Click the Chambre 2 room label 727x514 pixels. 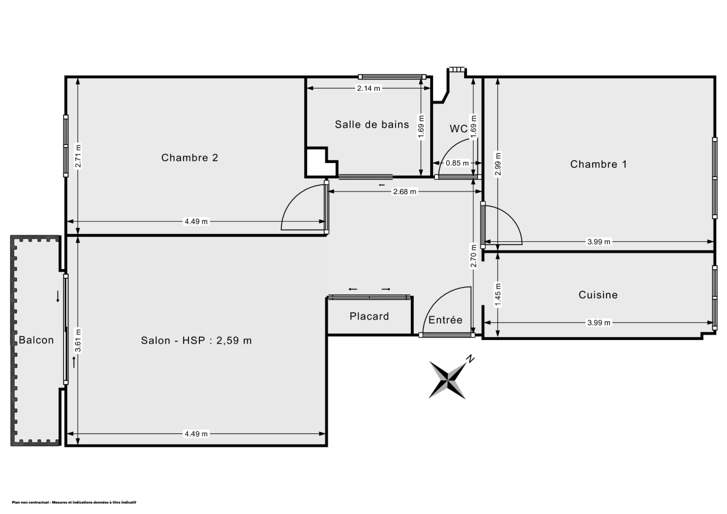pyautogui.click(x=189, y=158)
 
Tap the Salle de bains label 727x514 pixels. pyautogui.click(x=371, y=125)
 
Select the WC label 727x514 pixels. pyautogui.click(x=458, y=128)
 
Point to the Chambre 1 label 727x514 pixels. pyautogui.click(x=599, y=164)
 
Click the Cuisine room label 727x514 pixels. pyautogui.click(x=598, y=295)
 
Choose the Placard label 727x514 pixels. pyautogui.click(x=369, y=316)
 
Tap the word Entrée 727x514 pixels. pyautogui.click(x=445, y=320)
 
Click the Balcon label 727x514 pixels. pyautogui.click(x=36, y=340)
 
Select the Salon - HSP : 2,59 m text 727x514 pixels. pyautogui.click(x=196, y=341)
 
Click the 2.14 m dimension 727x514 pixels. pyautogui.click(x=368, y=88)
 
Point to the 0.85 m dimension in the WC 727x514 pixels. pyautogui.click(x=457, y=163)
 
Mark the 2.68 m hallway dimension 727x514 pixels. pyautogui.click(x=404, y=192)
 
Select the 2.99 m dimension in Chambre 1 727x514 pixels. pyautogui.click(x=497, y=164)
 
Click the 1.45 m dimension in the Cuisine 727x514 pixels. pyautogui.click(x=497, y=295)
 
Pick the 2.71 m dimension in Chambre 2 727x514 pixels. pyautogui.click(x=78, y=155)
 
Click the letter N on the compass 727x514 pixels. pyautogui.click(x=470, y=359)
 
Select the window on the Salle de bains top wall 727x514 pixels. pyautogui.click(x=391, y=76)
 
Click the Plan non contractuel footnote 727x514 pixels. pyautogui.click(x=74, y=502)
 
